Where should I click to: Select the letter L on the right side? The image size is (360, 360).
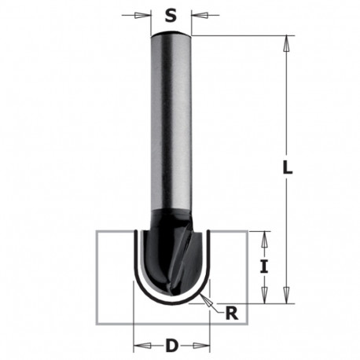(288, 167)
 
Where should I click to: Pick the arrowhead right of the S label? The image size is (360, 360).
(196, 14)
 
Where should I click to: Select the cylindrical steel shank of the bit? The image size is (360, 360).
(172, 126)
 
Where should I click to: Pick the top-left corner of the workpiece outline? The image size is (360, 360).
(96, 231)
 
